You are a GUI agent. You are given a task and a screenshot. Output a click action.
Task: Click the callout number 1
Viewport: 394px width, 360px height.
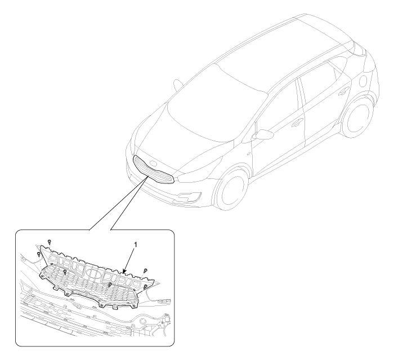tap(136, 245)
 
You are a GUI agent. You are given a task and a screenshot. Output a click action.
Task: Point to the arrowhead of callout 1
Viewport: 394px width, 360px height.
tap(124, 271)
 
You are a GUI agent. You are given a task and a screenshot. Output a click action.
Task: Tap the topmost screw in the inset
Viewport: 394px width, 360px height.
tap(50, 242)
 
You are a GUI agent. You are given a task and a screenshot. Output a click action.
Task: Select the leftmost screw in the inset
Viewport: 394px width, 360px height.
tap(39, 254)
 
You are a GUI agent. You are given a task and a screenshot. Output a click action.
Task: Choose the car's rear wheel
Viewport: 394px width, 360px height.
tap(357, 116)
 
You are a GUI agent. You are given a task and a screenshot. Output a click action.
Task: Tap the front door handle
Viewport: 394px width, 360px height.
tap(298, 122)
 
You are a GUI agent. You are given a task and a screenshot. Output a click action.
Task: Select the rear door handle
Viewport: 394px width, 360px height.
tap(343, 91)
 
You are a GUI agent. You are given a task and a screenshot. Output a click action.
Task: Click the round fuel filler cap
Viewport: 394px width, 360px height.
tap(364, 80)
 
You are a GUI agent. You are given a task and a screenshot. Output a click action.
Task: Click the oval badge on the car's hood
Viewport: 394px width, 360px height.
tap(153, 164)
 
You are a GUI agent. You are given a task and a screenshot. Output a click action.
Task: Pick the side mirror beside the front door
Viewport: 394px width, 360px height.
tap(263, 134)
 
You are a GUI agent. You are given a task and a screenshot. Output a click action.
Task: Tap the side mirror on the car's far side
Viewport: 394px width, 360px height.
tap(178, 84)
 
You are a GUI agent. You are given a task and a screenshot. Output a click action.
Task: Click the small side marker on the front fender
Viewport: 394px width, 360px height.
tap(249, 154)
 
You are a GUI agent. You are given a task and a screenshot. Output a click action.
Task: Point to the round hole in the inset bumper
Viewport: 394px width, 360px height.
tap(144, 321)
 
